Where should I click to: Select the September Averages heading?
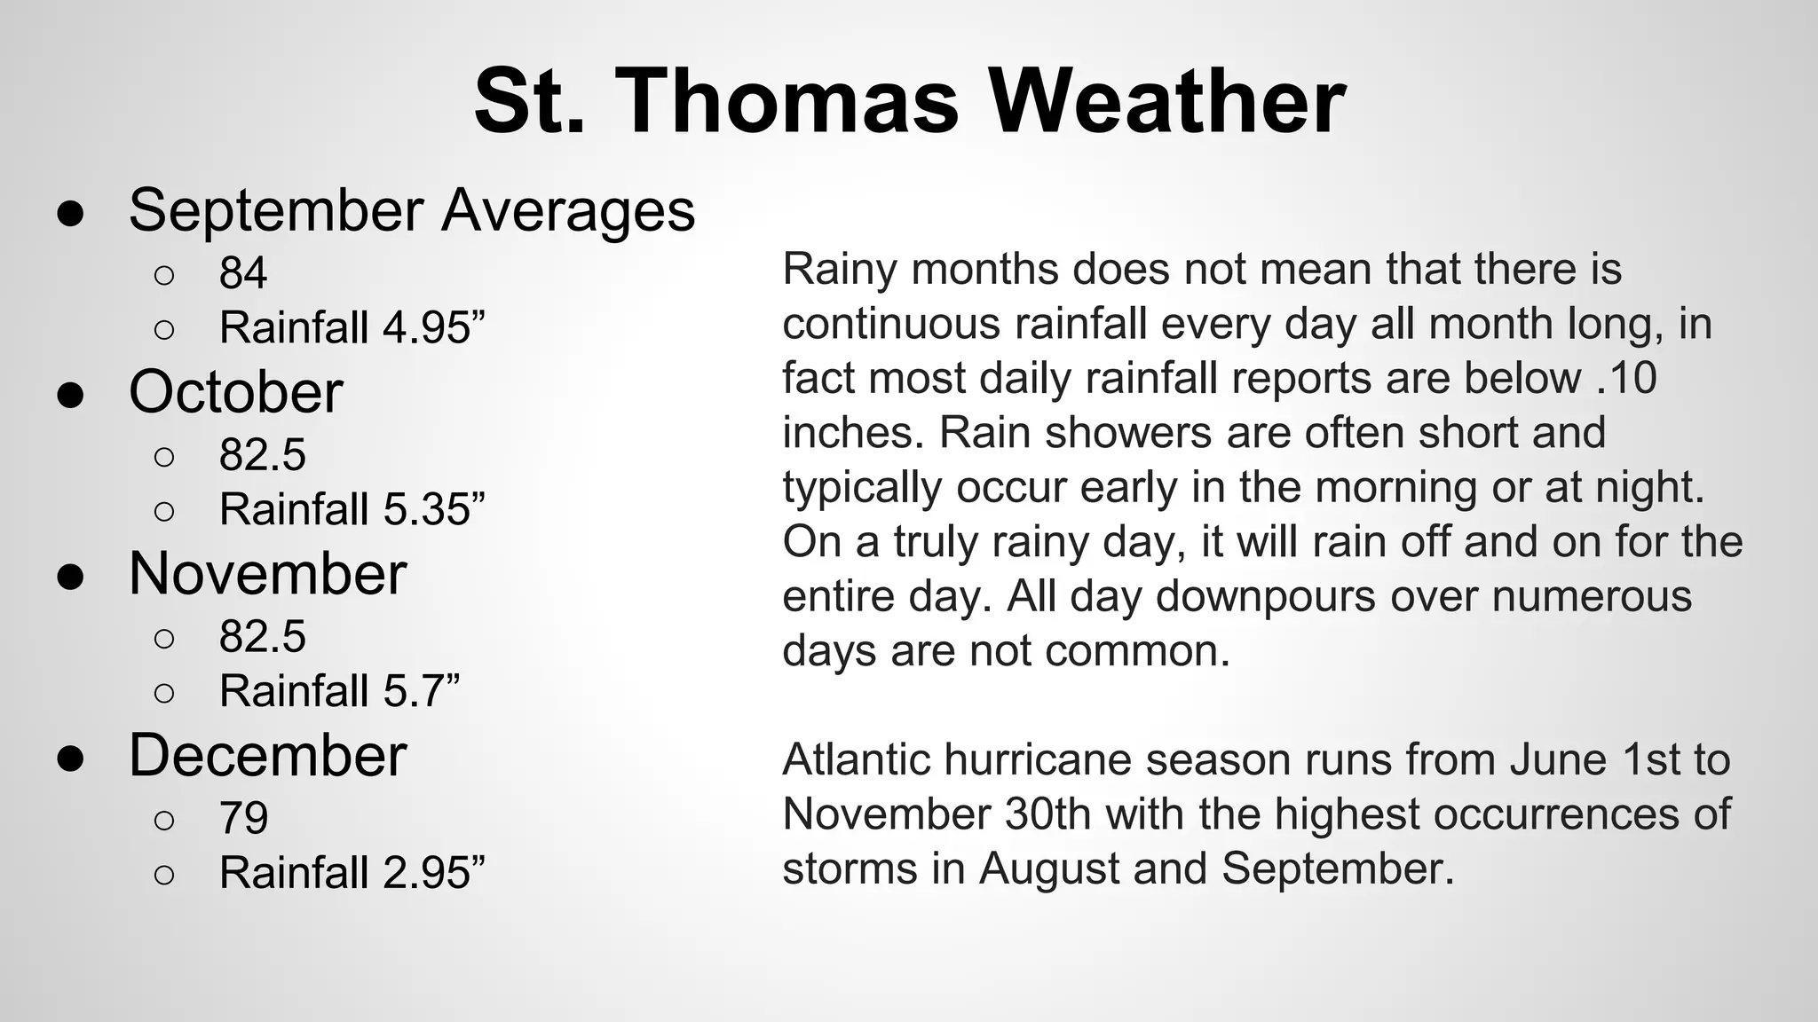pos(411,211)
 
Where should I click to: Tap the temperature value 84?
pos(242,272)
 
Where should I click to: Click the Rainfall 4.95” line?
pos(352,327)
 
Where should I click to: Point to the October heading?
pos(235,392)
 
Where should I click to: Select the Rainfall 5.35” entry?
pos(352,509)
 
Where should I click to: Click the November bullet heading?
pos(267,574)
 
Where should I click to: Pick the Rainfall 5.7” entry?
pos(339,691)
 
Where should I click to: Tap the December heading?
pos(267,756)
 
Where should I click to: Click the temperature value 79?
pos(242,818)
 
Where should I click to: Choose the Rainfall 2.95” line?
pos(352,873)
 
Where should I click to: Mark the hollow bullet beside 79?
pos(164,821)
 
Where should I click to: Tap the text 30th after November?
pos(1047,814)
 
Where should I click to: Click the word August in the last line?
pos(1048,869)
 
